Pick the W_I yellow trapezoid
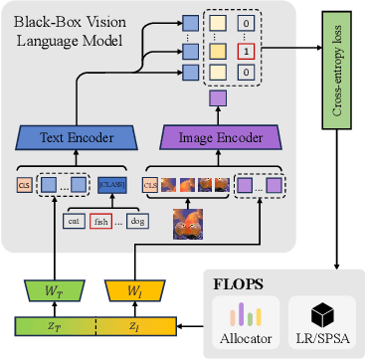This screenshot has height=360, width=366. [134, 291]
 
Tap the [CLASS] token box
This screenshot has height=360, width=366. [109, 184]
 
